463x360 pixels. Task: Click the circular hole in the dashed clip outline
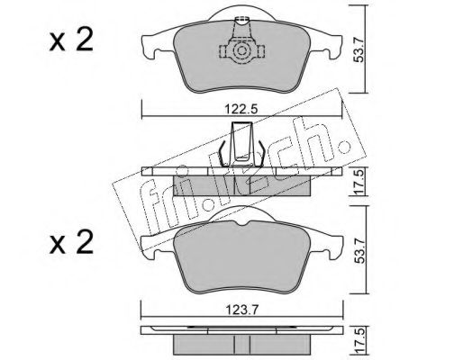tap(241, 55)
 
